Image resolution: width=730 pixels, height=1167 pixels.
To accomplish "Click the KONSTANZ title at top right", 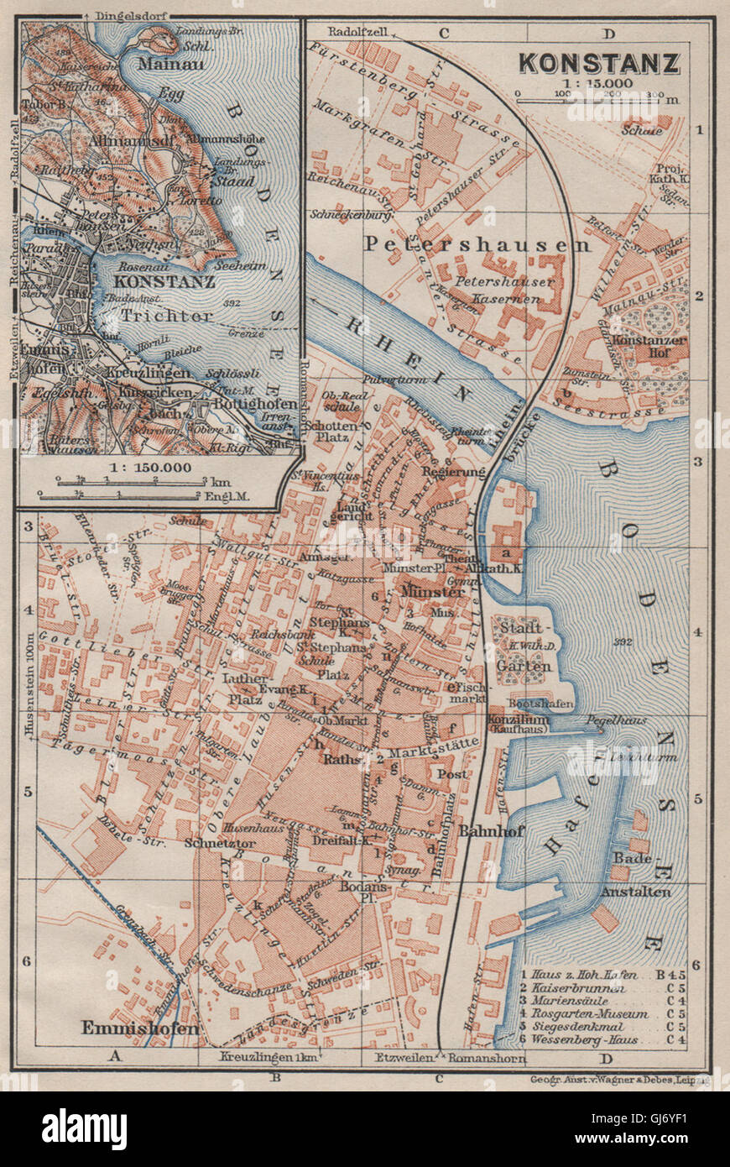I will point(598,62).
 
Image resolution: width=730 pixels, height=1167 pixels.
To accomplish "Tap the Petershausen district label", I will point(477,244).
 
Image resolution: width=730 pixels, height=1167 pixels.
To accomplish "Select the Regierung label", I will point(454,472).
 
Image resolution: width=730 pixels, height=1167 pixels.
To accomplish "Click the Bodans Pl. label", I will point(365,892).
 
